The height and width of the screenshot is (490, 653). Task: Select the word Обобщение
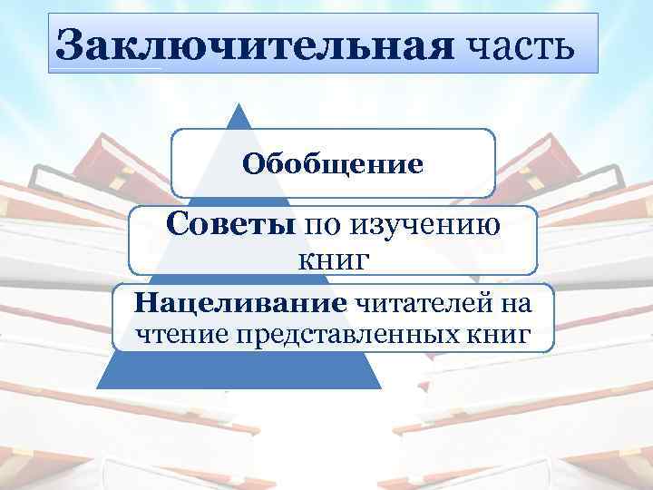click(x=333, y=165)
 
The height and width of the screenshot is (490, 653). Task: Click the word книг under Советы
click(x=333, y=260)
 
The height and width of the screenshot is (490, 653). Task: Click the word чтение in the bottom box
click(x=180, y=333)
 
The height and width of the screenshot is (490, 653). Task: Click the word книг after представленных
click(x=500, y=333)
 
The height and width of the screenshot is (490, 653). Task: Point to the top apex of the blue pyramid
click(x=240, y=104)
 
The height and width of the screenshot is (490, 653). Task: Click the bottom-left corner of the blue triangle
click(x=97, y=387)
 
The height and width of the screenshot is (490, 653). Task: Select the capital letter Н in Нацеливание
click(x=144, y=300)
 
